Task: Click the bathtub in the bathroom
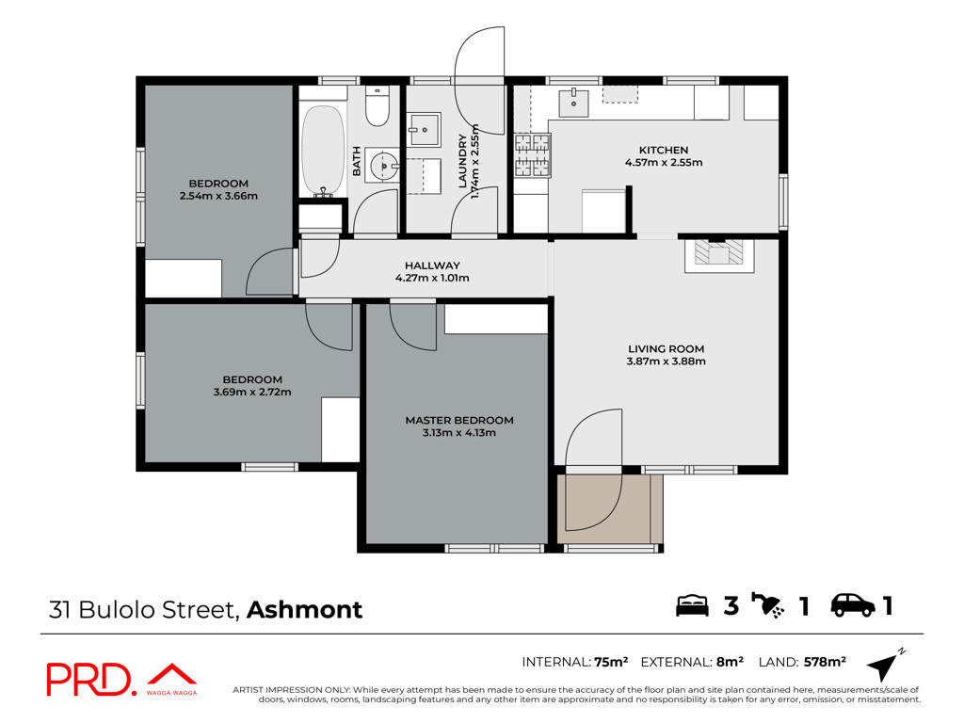(323, 151)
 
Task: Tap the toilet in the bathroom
(377, 105)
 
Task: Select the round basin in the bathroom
(384, 166)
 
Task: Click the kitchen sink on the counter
(573, 104)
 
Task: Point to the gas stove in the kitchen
(533, 155)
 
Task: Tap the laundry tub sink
(425, 129)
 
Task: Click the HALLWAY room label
(432, 265)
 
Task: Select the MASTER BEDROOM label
(459, 421)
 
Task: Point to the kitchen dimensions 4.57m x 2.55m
(664, 162)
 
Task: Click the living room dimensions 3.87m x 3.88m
(666, 361)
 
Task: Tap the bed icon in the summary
(692, 605)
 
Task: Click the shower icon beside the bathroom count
(767, 605)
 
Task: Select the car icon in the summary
(853, 605)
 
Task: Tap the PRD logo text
(89, 680)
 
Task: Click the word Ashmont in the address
(304, 610)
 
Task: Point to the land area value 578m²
(825, 662)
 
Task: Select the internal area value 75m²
(610, 662)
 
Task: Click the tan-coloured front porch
(610, 508)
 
